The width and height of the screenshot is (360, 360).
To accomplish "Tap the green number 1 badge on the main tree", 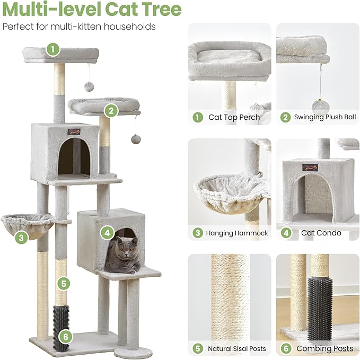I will click(x=52, y=49).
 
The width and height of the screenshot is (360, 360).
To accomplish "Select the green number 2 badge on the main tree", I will click(x=110, y=110).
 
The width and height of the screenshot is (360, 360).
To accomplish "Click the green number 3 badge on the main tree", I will click(x=21, y=238).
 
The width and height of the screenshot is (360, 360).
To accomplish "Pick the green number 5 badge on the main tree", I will click(x=64, y=284).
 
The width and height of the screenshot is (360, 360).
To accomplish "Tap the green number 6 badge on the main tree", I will click(x=64, y=335).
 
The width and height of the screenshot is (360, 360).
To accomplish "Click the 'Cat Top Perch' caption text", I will click(x=234, y=117).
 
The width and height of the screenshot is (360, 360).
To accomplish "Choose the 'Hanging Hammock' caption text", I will click(x=237, y=233).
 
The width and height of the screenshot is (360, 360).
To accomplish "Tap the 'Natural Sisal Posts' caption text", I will click(x=237, y=348).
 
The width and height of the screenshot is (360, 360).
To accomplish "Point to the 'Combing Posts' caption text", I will click(x=324, y=348).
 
